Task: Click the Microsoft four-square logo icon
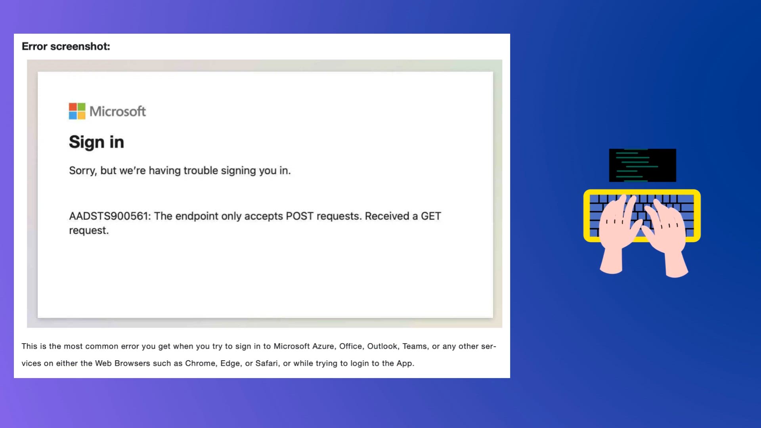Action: pos(77,111)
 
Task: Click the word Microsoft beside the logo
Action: pos(118,111)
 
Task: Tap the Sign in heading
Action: pos(96,142)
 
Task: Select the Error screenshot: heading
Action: pos(66,46)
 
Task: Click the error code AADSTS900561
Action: pos(110,216)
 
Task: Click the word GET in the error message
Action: pos(431,216)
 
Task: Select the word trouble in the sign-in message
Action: pos(201,170)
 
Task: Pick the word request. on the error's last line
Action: pos(89,231)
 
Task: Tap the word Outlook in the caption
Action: pos(383,346)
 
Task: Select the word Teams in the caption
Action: pos(415,346)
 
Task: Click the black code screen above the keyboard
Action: pos(642,165)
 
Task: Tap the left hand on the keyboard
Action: pos(618,234)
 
